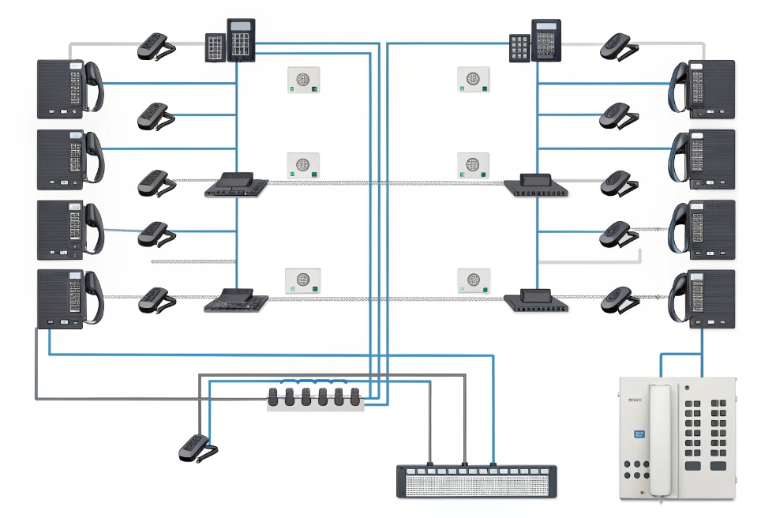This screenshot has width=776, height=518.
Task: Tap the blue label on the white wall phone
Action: point(639,433)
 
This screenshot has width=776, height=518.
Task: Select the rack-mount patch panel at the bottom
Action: point(476,481)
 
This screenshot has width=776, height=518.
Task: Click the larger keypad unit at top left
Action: point(242,40)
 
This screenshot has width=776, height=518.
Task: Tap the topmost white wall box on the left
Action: point(302,80)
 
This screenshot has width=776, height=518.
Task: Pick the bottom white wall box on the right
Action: point(474,281)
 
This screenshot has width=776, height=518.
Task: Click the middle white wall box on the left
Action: point(303,165)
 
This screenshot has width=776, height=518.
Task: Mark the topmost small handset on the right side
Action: point(618,47)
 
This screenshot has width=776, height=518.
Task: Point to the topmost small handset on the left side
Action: point(156,47)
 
